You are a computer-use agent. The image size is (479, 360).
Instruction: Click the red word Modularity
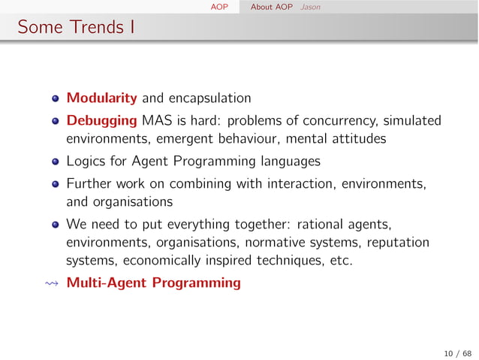coord(101,98)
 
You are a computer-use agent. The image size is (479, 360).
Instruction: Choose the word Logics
coord(85,162)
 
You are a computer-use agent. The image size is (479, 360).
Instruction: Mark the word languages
coord(290,162)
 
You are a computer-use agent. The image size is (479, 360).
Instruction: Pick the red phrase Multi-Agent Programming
coord(154,283)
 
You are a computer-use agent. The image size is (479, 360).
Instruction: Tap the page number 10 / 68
coord(457,353)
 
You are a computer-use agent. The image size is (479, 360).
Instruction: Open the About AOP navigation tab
coord(271,6)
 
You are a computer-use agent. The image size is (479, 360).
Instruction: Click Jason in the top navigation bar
coord(309,6)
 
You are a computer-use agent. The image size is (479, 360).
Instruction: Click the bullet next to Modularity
coord(56,98)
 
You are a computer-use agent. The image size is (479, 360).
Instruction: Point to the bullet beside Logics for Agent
coord(56,162)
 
